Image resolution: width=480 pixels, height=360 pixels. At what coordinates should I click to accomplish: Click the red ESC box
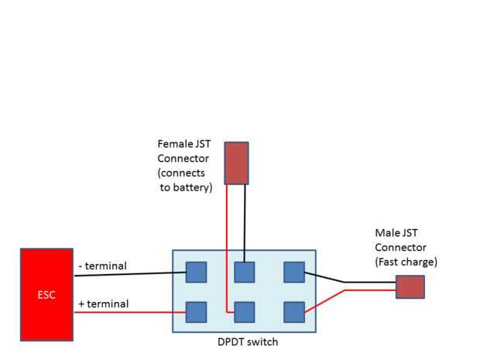coord(46,294)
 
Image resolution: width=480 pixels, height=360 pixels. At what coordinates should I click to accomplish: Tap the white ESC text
coord(46,295)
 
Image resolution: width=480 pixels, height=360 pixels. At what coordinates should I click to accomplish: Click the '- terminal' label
coord(102,266)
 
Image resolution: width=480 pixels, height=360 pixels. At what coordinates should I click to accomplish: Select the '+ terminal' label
coord(104,303)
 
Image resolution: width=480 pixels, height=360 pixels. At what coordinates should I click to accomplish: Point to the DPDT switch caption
coord(248,341)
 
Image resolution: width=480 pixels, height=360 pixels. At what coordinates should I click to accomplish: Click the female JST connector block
coord(236,163)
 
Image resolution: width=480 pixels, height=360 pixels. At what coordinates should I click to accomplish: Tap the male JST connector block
coord(410,286)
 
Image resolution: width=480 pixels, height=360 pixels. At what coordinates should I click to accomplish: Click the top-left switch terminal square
coord(196,273)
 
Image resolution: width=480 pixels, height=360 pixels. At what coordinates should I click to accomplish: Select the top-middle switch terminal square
coord(245,273)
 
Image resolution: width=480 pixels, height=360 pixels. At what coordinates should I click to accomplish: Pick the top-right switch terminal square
coord(294,273)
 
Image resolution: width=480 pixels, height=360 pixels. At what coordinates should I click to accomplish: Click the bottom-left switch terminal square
coord(196,312)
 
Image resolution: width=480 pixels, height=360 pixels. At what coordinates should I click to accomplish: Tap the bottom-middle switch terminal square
coord(245,312)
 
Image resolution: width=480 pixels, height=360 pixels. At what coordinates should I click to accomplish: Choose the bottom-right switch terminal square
coord(294,312)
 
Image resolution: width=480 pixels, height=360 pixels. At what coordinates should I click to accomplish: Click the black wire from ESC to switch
coord(130,274)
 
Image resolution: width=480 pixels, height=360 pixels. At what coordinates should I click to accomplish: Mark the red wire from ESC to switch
coord(130,312)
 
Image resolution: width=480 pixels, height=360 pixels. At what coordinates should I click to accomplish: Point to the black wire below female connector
coord(245,224)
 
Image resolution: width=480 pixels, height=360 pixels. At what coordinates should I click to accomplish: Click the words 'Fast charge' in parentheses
coord(406,262)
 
